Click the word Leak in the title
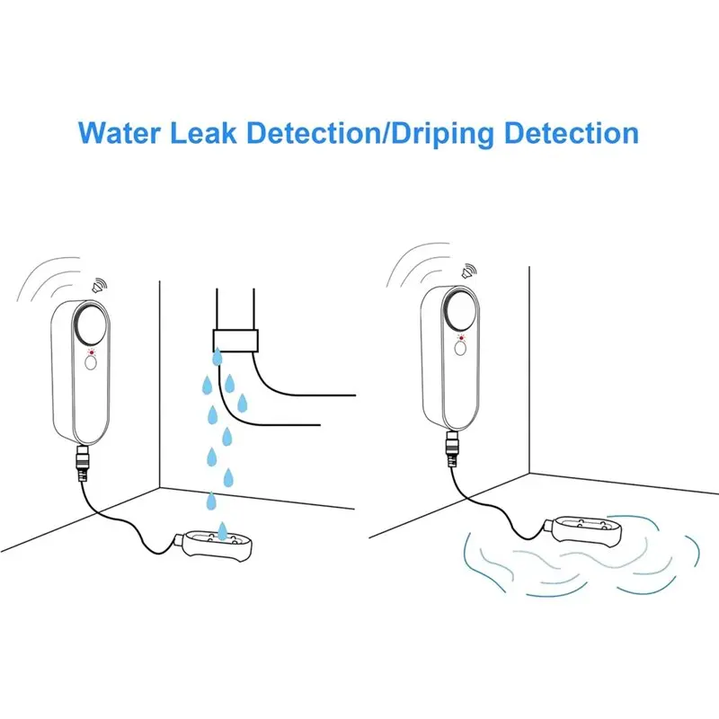(208, 132)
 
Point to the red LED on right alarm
(460, 340)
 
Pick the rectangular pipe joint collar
(235, 340)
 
